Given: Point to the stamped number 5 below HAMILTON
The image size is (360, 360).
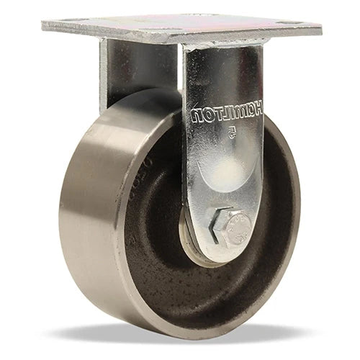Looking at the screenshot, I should point(230,132).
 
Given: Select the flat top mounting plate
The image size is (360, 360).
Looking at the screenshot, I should point(180,26).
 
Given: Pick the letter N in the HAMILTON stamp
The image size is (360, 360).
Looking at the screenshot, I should point(197,114).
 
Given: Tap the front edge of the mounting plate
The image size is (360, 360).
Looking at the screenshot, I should point(180,39).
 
